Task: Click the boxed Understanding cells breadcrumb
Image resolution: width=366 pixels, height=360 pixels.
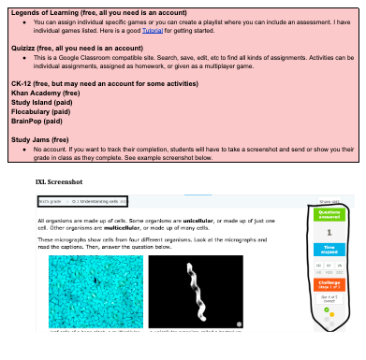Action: (97, 201)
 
